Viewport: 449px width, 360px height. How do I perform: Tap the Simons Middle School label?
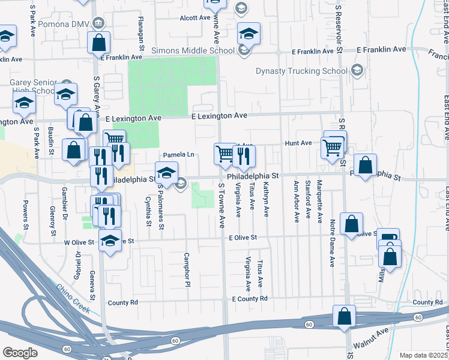click(x=192, y=51)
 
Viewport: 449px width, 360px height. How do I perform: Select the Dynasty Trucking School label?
click(x=301, y=71)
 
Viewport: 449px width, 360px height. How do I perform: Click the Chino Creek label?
click(x=73, y=299)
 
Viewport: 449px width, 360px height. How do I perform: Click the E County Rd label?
click(x=249, y=299)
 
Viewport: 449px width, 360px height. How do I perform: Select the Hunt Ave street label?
click(x=298, y=143)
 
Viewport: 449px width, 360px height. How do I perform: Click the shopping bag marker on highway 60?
click(x=345, y=316)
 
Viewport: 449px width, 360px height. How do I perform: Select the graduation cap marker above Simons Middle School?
click(x=248, y=34)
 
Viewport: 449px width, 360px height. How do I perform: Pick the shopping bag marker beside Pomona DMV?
click(x=98, y=43)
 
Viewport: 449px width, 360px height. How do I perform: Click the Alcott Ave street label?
click(x=196, y=18)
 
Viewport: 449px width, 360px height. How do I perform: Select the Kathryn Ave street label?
click(x=266, y=200)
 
